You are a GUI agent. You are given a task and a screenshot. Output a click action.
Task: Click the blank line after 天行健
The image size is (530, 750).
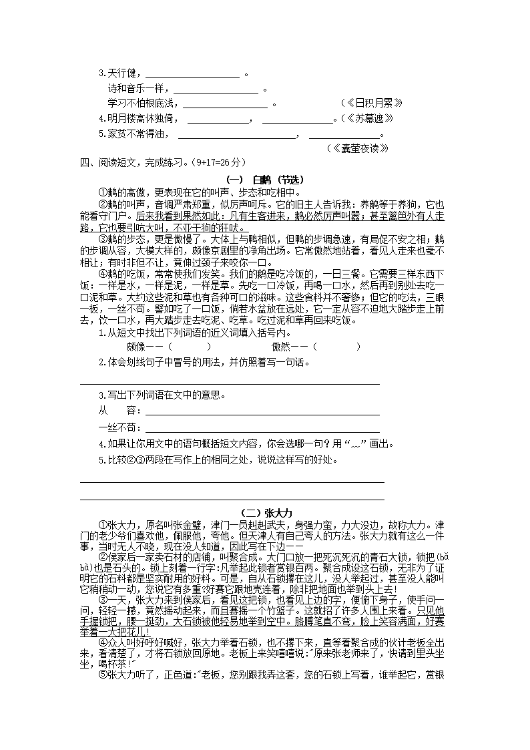[x=192, y=75]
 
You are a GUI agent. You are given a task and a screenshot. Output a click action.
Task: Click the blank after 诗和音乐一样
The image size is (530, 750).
[x=216, y=89]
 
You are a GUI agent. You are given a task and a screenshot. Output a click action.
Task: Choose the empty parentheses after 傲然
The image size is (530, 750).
[x=336, y=347]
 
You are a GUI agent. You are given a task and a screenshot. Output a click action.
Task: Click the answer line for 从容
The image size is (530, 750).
[x=262, y=411]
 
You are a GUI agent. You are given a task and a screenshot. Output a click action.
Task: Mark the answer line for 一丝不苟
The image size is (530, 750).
[x=262, y=427]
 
